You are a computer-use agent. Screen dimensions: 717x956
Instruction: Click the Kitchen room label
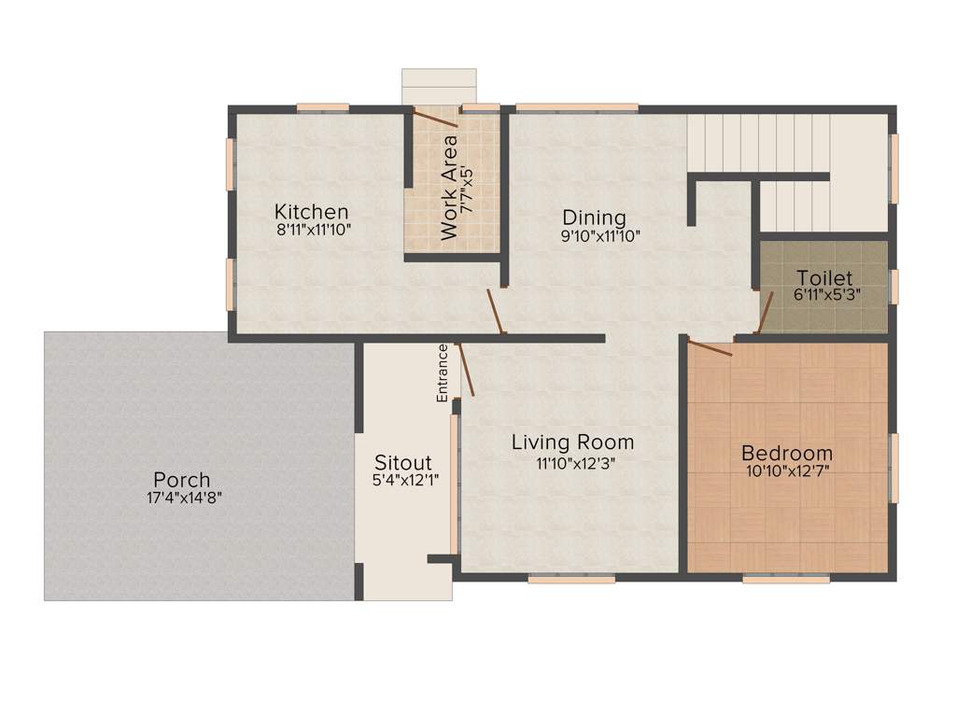tap(311, 212)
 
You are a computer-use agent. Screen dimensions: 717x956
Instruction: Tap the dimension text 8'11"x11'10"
tap(313, 230)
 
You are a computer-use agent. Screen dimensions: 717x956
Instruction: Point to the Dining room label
tap(593, 218)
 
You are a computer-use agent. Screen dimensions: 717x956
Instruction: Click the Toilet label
tap(824, 277)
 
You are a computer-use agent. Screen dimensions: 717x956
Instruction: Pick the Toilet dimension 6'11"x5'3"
tap(826, 294)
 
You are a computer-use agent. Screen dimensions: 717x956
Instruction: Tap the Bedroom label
tap(786, 454)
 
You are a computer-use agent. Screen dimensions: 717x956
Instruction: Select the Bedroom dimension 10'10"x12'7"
tap(786, 471)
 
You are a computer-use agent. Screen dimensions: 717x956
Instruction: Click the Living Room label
tap(572, 442)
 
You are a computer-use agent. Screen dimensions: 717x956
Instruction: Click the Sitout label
tap(402, 462)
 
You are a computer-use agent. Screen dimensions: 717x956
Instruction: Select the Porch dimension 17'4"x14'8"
tap(184, 499)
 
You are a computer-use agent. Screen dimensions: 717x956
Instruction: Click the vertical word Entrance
tap(443, 373)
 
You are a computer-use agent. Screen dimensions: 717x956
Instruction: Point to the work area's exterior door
tap(435, 118)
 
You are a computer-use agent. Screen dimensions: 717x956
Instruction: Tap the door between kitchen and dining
tap(496, 311)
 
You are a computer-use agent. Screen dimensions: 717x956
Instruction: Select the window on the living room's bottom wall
tap(570, 579)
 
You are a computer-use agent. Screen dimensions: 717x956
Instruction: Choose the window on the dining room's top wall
tap(577, 107)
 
